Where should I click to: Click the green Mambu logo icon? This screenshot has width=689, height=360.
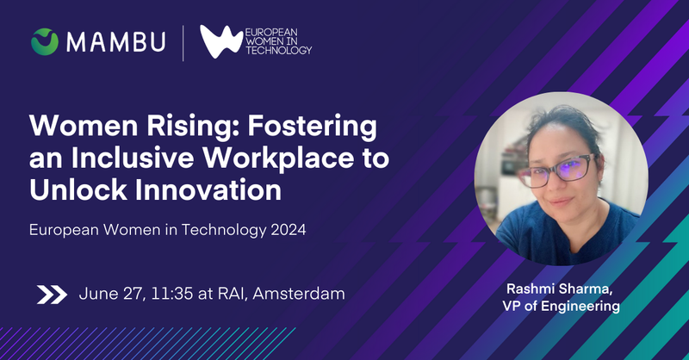(x=45, y=41)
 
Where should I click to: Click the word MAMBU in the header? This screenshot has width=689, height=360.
(x=116, y=42)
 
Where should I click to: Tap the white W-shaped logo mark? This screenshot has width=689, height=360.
(x=221, y=41)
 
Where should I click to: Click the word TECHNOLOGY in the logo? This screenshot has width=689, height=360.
(x=278, y=51)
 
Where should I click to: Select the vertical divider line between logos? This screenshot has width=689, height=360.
(x=183, y=43)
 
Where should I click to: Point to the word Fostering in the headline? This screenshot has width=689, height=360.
(x=312, y=127)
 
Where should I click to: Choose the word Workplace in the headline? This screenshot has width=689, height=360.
(x=278, y=158)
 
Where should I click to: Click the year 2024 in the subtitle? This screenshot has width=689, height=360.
(x=289, y=230)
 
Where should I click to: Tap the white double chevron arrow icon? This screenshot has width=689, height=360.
(x=52, y=295)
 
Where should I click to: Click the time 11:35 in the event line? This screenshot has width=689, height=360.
(x=171, y=294)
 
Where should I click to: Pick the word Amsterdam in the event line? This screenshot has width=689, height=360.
(x=299, y=294)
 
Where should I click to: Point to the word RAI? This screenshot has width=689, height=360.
(x=232, y=294)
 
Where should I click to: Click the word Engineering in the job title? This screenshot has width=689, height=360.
(x=580, y=307)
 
